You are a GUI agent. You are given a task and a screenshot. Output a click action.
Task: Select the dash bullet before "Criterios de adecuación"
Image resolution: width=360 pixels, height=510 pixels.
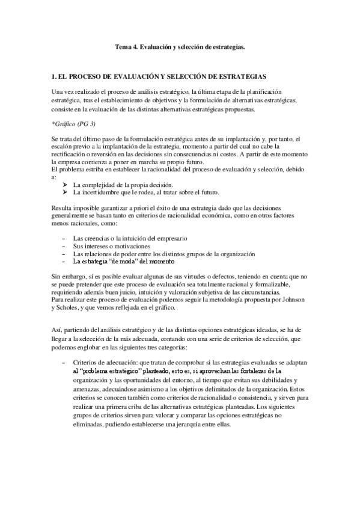[64, 363]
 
